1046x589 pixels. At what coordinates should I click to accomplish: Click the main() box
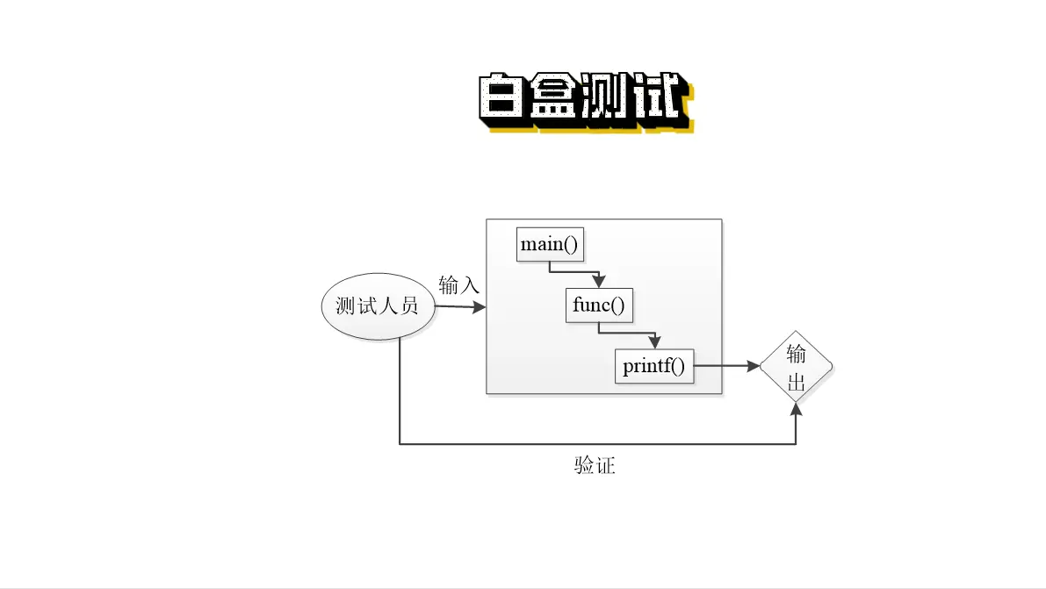pos(551,244)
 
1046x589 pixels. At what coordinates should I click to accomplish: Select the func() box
pos(599,305)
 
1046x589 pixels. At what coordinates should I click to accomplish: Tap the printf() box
pos(653,366)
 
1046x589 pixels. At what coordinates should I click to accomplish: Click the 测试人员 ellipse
pos(379,306)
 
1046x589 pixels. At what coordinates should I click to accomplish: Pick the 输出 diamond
pos(796,366)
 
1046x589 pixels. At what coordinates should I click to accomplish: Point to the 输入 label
pos(459,285)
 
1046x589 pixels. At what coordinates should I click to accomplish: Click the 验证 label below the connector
pos(595,465)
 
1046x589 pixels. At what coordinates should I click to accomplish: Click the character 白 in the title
pos(502,97)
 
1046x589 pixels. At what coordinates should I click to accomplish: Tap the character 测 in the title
pos(606,97)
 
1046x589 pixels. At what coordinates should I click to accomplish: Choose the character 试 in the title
pos(659,97)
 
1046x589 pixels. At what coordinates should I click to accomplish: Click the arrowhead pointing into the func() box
pos(599,280)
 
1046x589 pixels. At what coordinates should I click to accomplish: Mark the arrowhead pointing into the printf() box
pos(654,341)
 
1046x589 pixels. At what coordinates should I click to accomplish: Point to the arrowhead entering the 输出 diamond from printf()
pos(753,366)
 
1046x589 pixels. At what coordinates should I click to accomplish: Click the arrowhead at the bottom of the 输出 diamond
pos(796,410)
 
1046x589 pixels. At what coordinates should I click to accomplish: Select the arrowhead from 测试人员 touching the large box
pos(479,307)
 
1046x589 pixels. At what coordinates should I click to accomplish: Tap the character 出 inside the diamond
pos(797,382)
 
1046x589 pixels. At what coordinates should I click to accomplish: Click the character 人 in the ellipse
pos(388,306)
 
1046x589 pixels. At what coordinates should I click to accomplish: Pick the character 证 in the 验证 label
pos(605,465)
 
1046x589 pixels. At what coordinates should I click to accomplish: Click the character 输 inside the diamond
pos(797,354)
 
